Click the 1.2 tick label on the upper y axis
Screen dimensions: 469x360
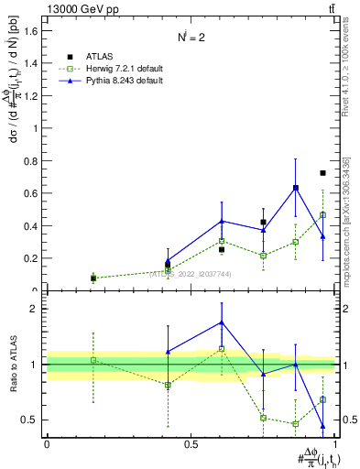(33, 96)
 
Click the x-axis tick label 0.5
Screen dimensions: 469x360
(191, 443)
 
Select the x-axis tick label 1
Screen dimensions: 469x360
(336, 443)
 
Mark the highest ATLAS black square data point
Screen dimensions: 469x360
(322, 173)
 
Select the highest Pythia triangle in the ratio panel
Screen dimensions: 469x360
(222, 322)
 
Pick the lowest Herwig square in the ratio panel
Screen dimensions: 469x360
(296, 424)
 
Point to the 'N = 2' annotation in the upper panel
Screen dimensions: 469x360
(191, 37)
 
